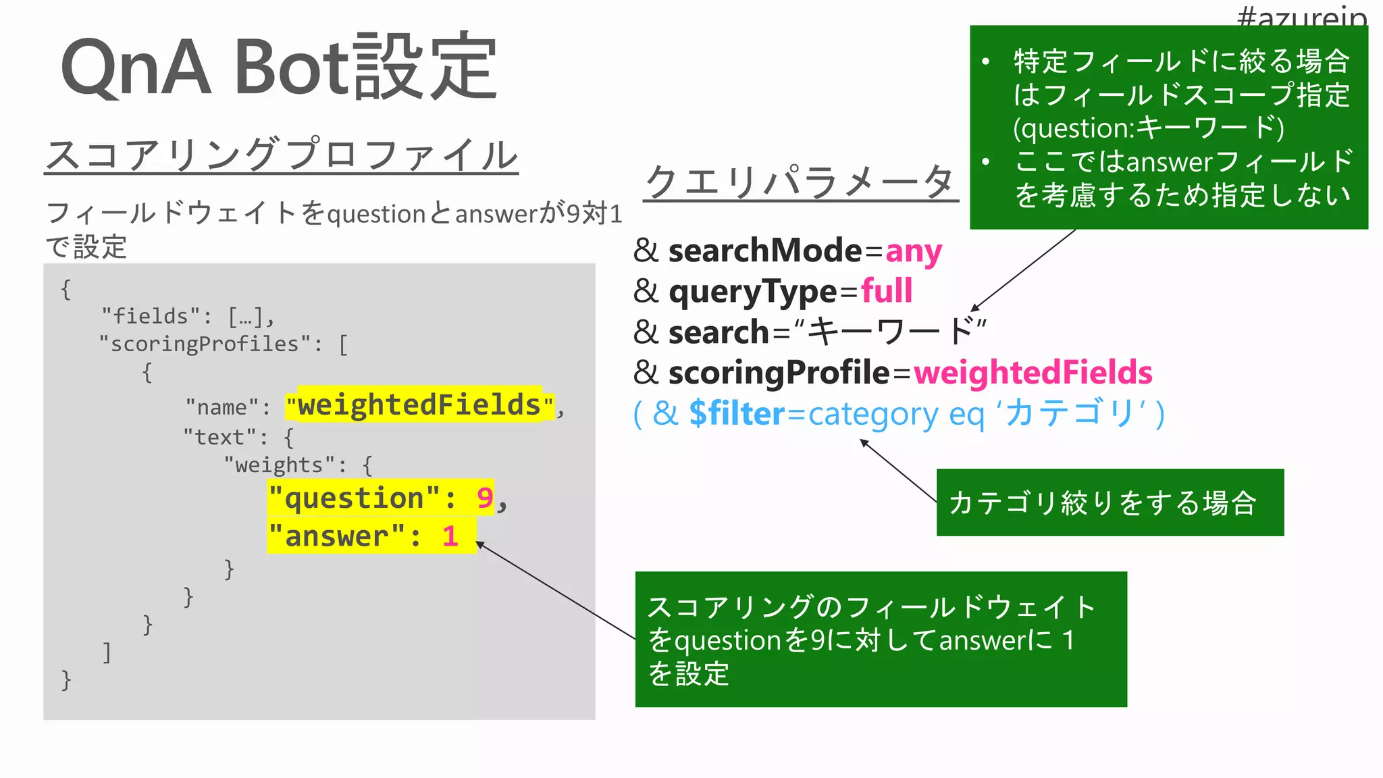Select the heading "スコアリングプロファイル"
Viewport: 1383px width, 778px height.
(281, 155)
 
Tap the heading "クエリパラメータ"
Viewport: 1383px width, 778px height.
(800, 182)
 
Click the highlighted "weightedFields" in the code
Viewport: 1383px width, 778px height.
(419, 405)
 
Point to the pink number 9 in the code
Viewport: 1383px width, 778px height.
(484, 498)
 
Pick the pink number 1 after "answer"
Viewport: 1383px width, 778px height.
(450, 537)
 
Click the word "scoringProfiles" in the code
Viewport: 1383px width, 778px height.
(205, 344)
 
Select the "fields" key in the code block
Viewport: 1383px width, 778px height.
(151, 316)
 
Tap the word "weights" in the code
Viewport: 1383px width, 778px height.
(279, 465)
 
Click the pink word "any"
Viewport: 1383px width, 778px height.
(913, 251)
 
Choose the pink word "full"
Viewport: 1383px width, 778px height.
(887, 292)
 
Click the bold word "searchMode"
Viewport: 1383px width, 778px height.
(765, 251)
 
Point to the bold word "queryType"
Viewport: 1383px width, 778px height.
(752, 292)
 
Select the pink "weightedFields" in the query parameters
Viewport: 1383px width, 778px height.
(1033, 373)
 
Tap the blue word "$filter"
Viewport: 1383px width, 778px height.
(737, 413)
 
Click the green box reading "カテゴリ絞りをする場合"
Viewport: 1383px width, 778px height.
(1110, 502)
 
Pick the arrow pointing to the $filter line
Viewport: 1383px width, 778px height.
(897, 471)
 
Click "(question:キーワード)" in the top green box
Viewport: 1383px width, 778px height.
(1148, 128)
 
